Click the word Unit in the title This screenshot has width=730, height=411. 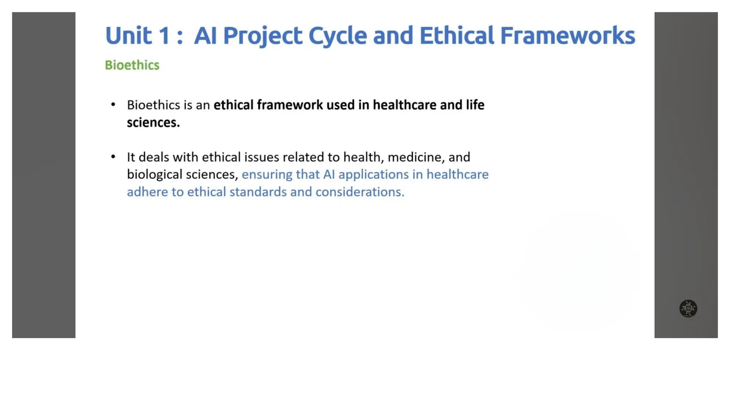click(128, 36)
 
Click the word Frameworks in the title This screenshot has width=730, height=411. click(567, 36)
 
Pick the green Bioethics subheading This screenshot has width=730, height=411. click(132, 65)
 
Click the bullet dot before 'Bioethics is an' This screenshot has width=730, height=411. click(113, 105)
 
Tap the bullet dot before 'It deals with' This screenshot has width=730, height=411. click(113, 157)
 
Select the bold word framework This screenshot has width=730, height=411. click(290, 105)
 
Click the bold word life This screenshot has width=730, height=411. click(475, 105)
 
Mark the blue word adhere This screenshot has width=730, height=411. click(147, 192)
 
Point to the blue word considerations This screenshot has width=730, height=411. click(360, 192)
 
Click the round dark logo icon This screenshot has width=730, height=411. click(688, 309)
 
